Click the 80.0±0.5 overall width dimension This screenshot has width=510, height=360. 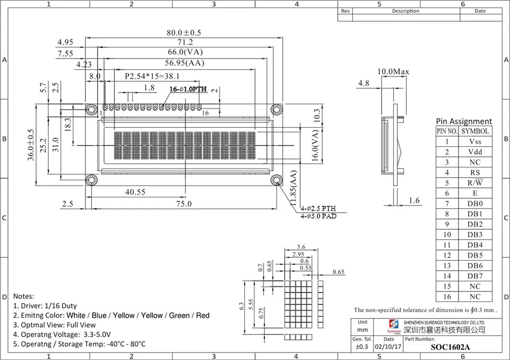(184, 33)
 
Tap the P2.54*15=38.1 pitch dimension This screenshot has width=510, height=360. (152, 77)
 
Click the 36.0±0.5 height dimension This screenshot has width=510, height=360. (31, 145)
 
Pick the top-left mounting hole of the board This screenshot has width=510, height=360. (91, 109)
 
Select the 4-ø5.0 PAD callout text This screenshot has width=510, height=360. (318, 216)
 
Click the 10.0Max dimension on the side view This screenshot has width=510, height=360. (393, 71)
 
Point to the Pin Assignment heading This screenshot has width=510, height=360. (464, 121)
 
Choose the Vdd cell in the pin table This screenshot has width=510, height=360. (475, 152)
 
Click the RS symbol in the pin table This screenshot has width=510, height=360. (475, 172)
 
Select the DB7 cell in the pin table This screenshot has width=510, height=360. (475, 275)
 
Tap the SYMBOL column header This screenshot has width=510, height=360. (475, 131)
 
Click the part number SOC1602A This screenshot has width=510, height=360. (450, 348)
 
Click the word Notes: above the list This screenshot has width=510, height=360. (23, 296)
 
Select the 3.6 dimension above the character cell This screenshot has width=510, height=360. (301, 247)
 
